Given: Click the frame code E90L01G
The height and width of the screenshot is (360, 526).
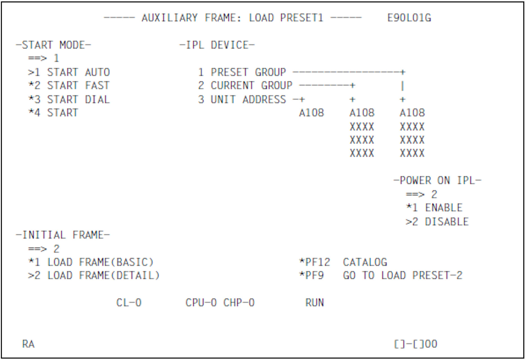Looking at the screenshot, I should (409, 18).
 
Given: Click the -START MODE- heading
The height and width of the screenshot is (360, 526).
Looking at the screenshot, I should (53, 45).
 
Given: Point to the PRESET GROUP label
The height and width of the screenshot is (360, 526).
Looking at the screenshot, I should (248, 72).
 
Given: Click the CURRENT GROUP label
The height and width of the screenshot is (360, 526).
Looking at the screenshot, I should (251, 86).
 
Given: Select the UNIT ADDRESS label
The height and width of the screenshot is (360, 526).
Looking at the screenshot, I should (248, 100).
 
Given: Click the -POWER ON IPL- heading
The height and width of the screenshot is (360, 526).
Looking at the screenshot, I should (437, 181).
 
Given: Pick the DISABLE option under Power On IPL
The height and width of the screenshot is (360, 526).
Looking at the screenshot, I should (446, 222).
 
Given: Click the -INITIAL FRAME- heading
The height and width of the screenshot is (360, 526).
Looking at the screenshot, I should (63, 235).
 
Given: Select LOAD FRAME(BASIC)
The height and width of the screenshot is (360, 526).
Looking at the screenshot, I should (100, 262).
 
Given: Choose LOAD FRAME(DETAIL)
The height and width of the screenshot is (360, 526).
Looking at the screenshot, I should (103, 275).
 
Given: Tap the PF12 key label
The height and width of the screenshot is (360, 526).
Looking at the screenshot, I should (317, 262).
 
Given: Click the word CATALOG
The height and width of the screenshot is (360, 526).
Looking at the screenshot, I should (365, 262).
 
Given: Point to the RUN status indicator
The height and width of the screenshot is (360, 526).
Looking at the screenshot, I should (315, 303).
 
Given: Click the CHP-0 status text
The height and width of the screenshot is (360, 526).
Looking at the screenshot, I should (239, 303).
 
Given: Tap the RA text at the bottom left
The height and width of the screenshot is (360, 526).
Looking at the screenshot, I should (28, 344).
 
